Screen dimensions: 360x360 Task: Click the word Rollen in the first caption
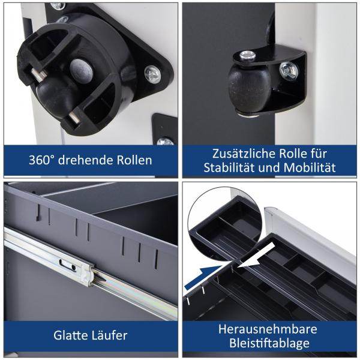pyautogui.click(x=131, y=161)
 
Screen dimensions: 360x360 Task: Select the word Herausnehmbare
pyautogui.click(x=268, y=329)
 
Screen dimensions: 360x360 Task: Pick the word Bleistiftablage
pyautogui.click(x=268, y=344)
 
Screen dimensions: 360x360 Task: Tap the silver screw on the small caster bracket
pyautogui.click(x=289, y=71)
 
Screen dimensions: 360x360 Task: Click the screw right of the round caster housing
pyautogui.click(x=152, y=74)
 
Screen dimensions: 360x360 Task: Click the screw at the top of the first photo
pyautogui.click(x=58, y=5)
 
